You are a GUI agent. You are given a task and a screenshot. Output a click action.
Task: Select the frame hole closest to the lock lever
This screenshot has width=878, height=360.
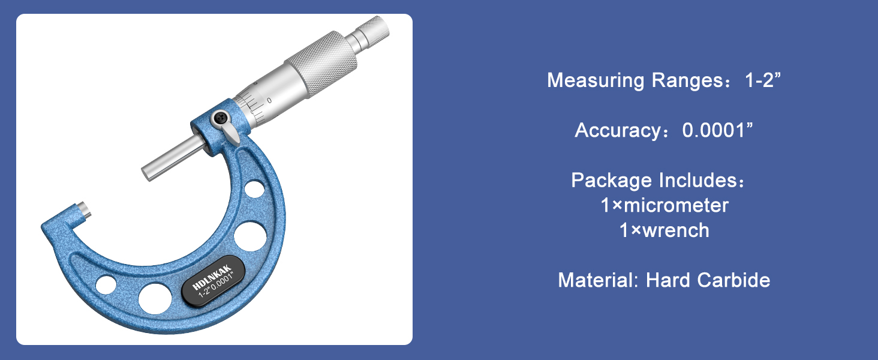(254, 189)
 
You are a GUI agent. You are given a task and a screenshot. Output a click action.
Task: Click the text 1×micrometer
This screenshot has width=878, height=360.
(664, 205)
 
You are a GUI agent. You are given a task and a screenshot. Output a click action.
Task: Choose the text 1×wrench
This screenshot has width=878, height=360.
(664, 230)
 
